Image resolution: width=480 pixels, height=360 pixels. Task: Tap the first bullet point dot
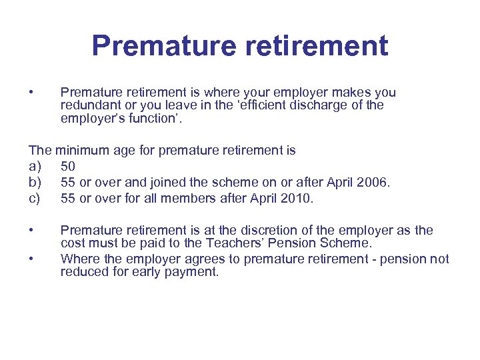click(x=31, y=92)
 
